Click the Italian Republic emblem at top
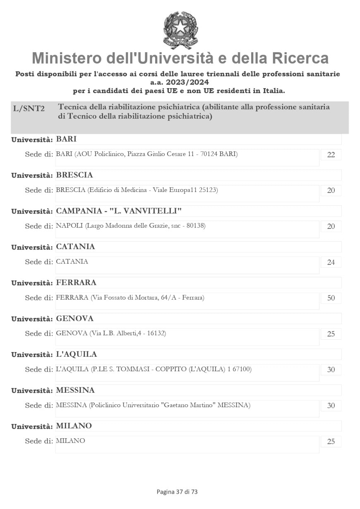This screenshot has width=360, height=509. pos(180,30)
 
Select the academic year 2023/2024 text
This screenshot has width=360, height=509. pos(180,82)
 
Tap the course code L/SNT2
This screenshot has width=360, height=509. pos(29,109)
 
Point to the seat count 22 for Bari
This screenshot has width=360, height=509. pos(331,155)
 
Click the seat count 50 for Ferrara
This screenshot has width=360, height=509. pos(331,298)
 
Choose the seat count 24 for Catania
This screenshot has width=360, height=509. pos(331,262)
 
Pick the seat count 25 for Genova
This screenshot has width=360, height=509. pos(331,334)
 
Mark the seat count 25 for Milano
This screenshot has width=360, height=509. pos(331,441)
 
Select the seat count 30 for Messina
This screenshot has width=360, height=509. pos(331,406)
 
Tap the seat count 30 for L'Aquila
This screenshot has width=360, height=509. pos(331,370)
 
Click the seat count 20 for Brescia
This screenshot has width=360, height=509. pos(331,190)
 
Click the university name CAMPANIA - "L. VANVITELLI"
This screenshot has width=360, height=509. pos(119,211)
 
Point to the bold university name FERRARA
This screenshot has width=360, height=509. pos(76,283)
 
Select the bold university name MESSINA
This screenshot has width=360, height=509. pos(75,390)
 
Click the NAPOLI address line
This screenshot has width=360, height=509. pos(131,226)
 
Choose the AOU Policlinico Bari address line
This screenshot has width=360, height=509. pos(147,154)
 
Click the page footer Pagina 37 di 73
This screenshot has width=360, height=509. pos(177,492)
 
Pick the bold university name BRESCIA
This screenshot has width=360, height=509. pos(74,175)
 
